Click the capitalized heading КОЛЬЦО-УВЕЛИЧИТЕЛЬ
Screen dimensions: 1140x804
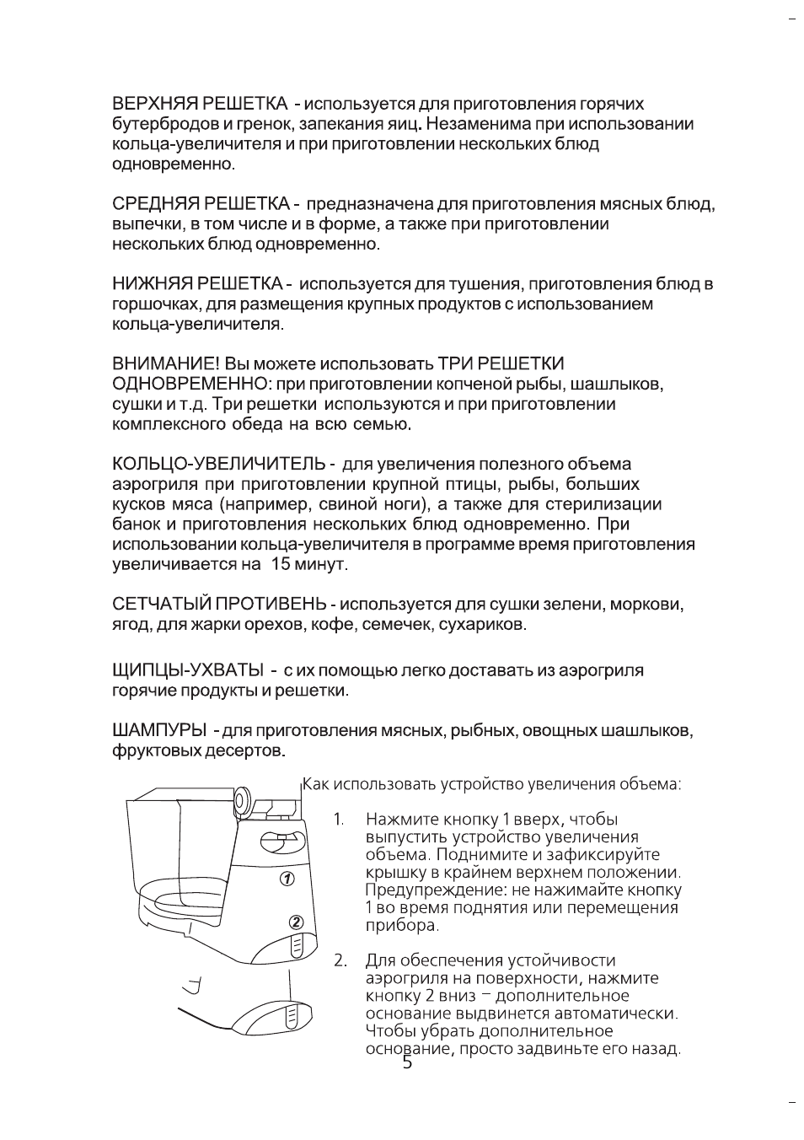[218, 465]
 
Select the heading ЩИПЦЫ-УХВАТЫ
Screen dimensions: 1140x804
[188, 670]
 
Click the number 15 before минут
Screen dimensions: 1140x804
[280, 564]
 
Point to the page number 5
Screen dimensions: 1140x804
[408, 1063]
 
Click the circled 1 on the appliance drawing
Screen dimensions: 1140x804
[286, 879]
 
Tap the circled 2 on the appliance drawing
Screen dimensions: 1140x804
[296, 922]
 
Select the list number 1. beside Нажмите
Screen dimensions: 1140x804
[339, 820]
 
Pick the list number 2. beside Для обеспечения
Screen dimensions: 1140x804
[340, 960]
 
